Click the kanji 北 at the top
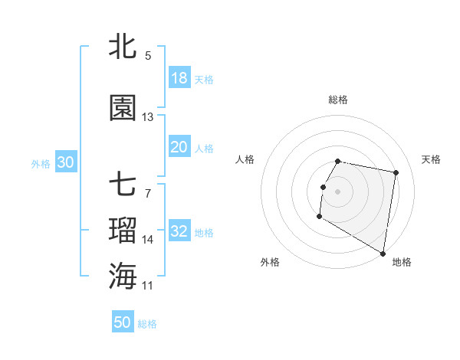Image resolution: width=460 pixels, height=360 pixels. [x=123, y=47]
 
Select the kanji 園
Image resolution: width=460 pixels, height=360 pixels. [x=123, y=108]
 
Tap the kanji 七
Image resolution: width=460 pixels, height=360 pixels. [x=123, y=185]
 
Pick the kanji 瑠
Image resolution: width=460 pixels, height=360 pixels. [x=123, y=229]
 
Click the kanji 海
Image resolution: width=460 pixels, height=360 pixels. [x=123, y=275]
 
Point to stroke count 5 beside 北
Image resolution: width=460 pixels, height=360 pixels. [x=148, y=56]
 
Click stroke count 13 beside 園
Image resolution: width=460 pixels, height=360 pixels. [x=148, y=117]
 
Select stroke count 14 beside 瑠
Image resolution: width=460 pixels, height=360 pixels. [x=148, y=240]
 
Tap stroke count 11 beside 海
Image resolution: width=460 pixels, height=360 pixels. [x=148, y=286]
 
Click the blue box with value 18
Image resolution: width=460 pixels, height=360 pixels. [x=179, y=78]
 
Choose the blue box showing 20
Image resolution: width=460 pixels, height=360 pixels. [x=179, y=147]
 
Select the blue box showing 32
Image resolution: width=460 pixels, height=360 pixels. [x=179, y=231]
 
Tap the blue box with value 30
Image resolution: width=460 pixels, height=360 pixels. [x=65, y=162]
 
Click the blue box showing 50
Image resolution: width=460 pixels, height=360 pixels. [x=123, y=322]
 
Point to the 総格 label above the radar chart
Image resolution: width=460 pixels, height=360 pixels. [x=338, y=100]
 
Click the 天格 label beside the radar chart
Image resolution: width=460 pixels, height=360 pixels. [x=432, y=159]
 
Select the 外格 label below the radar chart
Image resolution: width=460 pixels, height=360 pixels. [x=270, y=262]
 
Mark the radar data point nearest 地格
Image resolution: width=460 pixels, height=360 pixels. [x=383, y=254]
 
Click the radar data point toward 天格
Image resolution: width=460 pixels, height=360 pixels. [x=396, y=174]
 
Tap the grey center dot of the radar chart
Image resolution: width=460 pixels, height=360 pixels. [x=338, y=191]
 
